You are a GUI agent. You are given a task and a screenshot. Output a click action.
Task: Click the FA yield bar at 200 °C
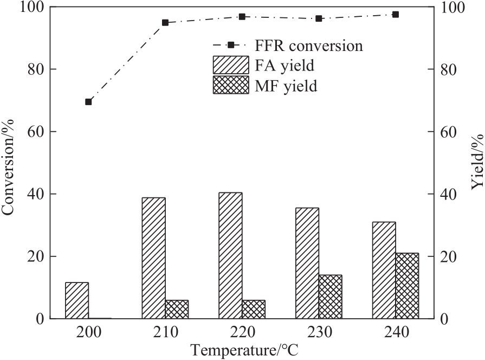point(77,300)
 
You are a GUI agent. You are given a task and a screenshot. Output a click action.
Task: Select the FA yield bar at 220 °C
point(230,255)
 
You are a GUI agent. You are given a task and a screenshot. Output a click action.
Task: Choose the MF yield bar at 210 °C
point(177,309)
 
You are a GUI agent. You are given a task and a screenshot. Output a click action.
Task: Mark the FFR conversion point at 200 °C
point(88,102)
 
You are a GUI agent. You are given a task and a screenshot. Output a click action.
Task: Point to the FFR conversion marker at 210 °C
point(165,23)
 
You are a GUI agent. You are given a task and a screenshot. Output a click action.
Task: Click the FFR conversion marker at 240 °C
point(396,15)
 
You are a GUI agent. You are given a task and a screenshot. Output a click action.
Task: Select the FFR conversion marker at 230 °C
point(319,18)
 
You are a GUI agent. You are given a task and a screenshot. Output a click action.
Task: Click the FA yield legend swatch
point(231,66)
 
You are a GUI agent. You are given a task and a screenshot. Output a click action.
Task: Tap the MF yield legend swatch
point(231,85)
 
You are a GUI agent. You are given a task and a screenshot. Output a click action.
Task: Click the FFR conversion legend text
point(309,46)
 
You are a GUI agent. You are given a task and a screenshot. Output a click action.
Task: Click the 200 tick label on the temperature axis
point(88,331)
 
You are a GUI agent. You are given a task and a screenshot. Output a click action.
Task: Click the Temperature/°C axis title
point(243,349)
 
